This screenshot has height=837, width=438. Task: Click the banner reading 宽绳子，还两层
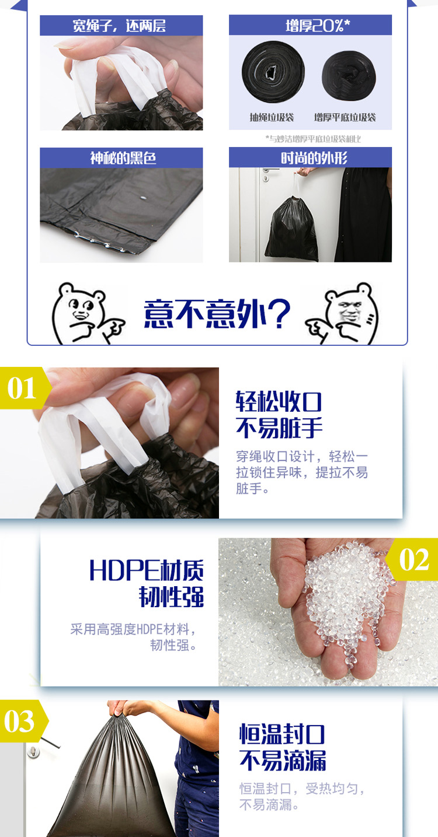(121, 26)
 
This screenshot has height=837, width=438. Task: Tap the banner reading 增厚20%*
(310, 25)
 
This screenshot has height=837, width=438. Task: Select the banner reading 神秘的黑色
(121, 157)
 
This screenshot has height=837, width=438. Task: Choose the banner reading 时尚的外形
(310, 157)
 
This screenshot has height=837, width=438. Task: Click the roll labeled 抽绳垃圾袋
(273, 72)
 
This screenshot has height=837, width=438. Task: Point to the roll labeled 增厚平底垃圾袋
(349, 76)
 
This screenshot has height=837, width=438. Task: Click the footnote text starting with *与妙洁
(313, 139)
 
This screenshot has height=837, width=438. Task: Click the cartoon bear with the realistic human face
(343, 314)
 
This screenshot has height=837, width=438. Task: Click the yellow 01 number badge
(25, 388)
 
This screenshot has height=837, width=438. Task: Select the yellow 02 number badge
(412, 559)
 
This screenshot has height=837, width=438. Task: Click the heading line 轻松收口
(279, 402)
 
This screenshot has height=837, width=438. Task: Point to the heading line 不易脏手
(279, 428)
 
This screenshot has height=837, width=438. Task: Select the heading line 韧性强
(171, 597)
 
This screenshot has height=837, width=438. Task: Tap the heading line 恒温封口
(282, 734)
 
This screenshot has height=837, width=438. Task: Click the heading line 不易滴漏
(283, 761)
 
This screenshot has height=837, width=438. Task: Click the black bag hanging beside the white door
(292, 229)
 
